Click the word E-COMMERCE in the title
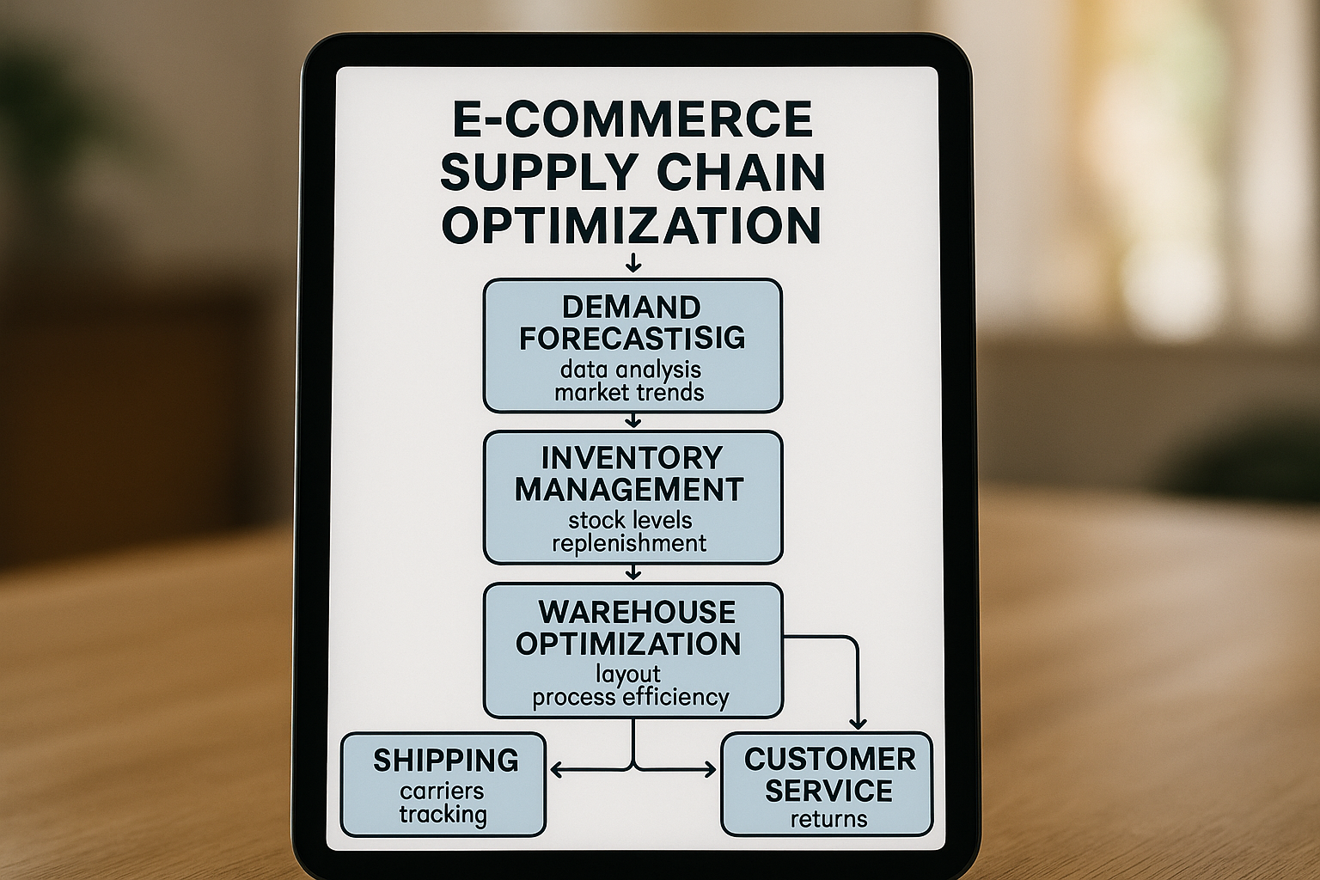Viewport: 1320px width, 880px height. [x=632, y=119]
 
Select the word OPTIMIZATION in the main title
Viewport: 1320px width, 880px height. [x=632, y=225]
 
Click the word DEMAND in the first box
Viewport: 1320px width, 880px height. [x=632, y=307]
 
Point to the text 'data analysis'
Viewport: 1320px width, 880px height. [x=631, y=370]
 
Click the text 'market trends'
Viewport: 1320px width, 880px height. [x=630, y=393]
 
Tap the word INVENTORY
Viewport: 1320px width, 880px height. [x=632, y=457]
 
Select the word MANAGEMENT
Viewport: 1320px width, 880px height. [x=630, y=490]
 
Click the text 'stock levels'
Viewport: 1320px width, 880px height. [x=630, y=520]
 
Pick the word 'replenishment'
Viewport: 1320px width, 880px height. [x=629, y=543]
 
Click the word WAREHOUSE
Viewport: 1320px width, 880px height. [x=637, y=612]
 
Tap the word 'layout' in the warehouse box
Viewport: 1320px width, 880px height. [x=628, y=674]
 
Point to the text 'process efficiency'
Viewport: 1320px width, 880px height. [x=630, y=697]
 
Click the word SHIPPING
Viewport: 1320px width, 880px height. [x=445, y=761]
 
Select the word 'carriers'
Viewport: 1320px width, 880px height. [x=442, y=791]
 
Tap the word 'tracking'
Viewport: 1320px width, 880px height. [x=443, y=814]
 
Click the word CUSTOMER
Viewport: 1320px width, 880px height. [x=830, y=759]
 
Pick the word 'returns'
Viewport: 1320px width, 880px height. [x=828, y=818]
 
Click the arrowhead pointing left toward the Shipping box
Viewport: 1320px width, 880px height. [x=555, y=770]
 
